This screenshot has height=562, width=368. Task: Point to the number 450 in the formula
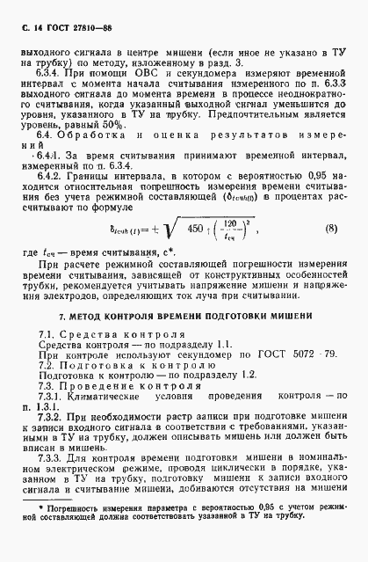click(x=199, y=230)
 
